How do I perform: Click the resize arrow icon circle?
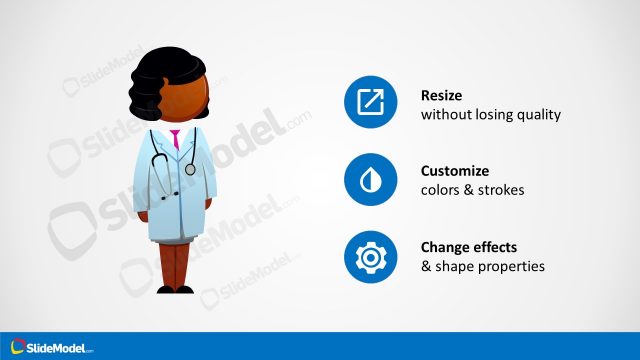371,103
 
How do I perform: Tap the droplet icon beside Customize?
371,180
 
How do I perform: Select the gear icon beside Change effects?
371,257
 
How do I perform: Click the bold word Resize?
441,96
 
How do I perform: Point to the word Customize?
455,171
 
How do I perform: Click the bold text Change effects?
470,248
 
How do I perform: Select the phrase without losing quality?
491,115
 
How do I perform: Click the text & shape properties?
482,267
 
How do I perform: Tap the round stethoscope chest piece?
190,169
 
